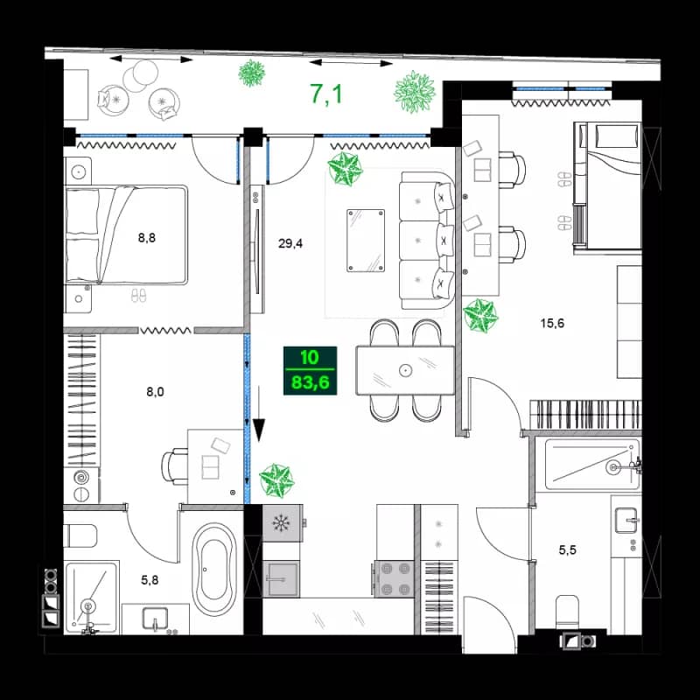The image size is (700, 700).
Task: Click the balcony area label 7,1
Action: (x=326, y=93)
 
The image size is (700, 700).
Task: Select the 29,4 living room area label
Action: (x=290, y=244)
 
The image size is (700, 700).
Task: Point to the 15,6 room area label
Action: (x=551, y=323)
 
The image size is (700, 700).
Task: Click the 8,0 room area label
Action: (x=154, y=393)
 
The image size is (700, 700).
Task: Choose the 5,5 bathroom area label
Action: (x=569, y=552)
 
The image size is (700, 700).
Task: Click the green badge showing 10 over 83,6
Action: (x=309, y=371)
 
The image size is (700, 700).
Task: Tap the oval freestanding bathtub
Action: (x=214, y=568)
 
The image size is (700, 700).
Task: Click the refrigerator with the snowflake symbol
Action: (x=282, y=524)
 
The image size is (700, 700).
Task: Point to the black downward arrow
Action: (x=259, y=421)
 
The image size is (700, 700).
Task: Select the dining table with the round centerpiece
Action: (x=405, y=370)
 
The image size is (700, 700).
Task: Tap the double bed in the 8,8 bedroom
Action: (x=127, y=234)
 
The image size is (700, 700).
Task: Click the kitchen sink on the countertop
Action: (x=283, y=579)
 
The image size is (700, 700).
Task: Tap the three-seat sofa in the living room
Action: (x=427, y=239)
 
